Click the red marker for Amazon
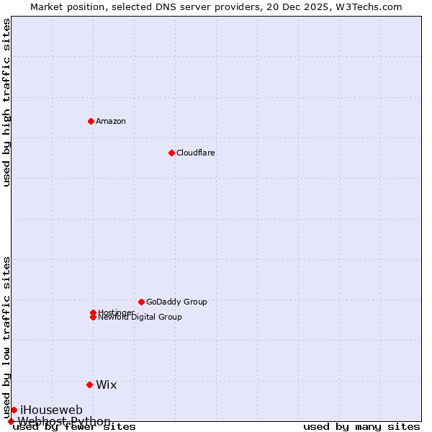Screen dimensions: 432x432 (x=91, y=121)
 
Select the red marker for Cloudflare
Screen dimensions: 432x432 (x=171, y=153)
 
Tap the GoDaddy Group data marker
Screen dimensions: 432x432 (x=141, y=302)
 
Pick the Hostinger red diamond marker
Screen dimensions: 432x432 (x=93, y=312)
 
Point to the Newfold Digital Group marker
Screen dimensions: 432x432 (x=93, y=318)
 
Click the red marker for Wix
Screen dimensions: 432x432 (x=89, y=384)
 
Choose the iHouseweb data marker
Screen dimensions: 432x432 (x=14, y=410)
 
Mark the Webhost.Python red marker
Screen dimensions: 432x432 (x=11, y=421)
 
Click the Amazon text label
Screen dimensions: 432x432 (x=111, y=121)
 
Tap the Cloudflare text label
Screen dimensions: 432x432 (x=196, y=153)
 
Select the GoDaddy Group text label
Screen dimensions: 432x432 (x=176, y=302)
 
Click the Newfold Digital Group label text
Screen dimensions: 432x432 (x=140, y=318)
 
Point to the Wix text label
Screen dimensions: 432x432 (x=107, y=384)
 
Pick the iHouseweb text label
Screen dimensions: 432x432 (x=51, y=410)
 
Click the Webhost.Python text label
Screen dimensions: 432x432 (x=64, y=421)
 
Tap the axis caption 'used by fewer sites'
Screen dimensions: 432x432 (x=74, y=427)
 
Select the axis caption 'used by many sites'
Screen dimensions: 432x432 (x=361, y=427)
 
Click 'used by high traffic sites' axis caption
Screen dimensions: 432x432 (x=6, y=102)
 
